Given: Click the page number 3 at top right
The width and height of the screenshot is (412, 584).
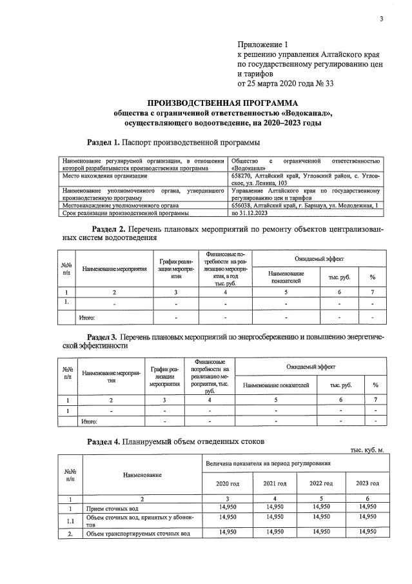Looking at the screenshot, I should [x=381, y=18].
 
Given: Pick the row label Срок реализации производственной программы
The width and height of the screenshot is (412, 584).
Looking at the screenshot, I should [x=124, y=213].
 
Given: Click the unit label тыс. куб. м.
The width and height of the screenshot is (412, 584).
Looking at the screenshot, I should [x=367, y=450].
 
